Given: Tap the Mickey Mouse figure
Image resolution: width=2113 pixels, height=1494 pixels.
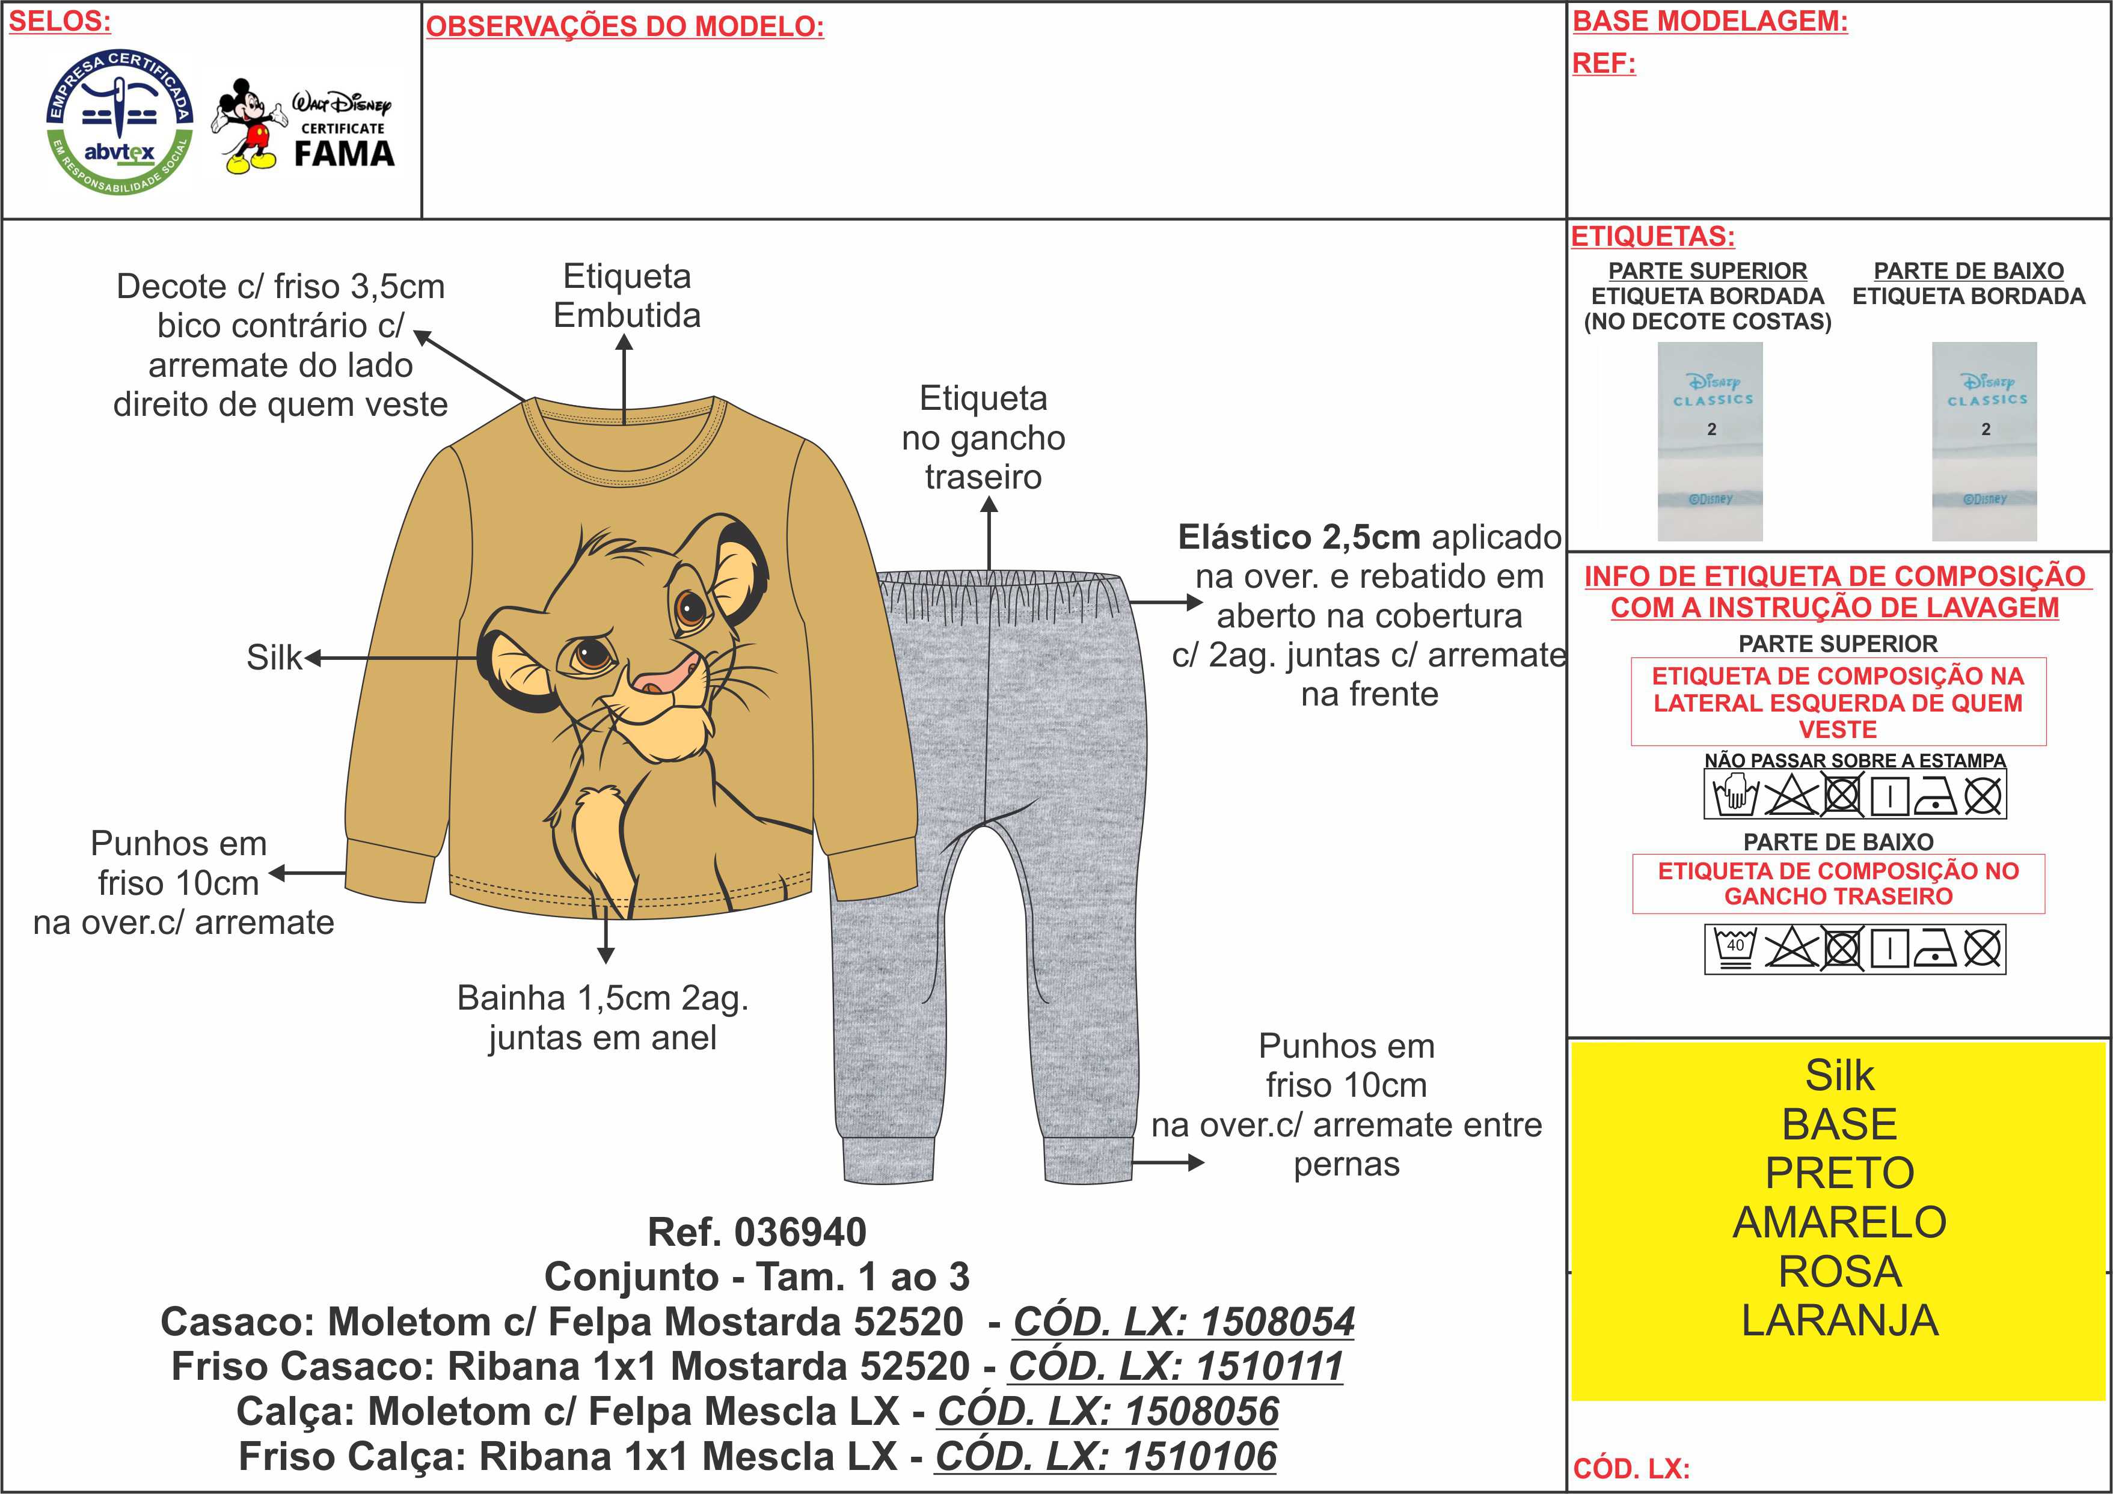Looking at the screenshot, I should tap(247, 127).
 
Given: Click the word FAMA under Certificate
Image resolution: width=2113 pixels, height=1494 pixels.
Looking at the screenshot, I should tap(344, 154).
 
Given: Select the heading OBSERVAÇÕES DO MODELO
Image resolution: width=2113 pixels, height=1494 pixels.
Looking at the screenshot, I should tap(625, 26).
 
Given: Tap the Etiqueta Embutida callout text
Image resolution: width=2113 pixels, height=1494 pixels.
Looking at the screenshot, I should tap(627, 295).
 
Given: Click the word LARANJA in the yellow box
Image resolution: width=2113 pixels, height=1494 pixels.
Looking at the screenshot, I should tap(1839, 1320).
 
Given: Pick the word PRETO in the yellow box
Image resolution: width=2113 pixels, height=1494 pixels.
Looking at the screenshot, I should tap(1839, 1173).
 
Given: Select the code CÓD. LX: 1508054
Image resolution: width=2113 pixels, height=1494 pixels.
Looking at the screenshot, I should tap(1183, 1322).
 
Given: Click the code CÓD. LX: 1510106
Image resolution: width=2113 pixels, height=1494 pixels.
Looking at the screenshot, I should tap(1106, 1456).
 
